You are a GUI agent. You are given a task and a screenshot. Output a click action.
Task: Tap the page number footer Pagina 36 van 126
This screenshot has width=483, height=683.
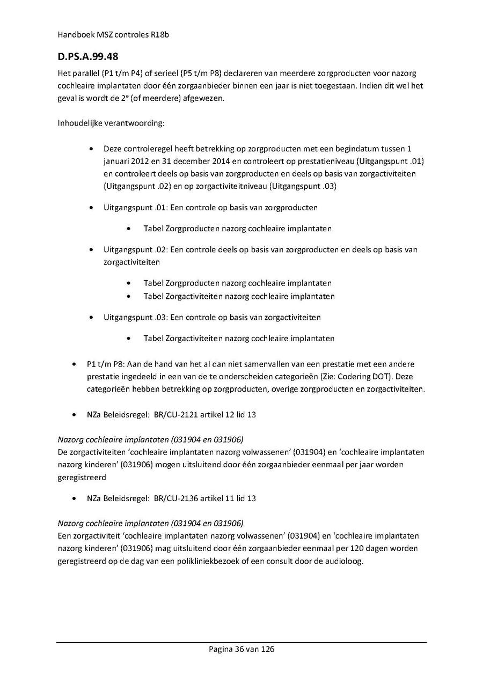click(x=241, y=649)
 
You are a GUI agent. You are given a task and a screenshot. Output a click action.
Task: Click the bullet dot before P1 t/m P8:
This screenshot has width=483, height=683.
click(x=74, y=364)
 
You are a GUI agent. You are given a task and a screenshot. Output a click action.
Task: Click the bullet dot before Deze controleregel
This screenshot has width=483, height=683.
click(x=93, y=149)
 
